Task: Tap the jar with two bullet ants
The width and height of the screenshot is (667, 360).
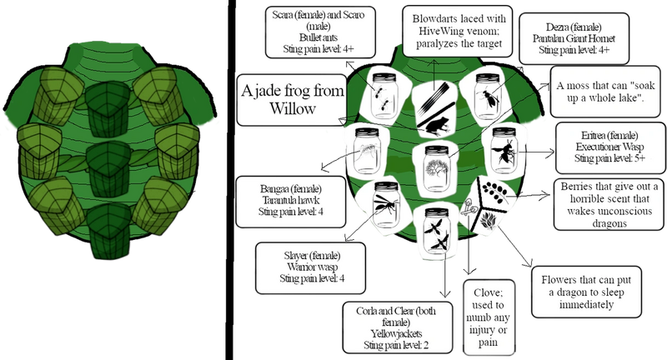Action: (384, 97)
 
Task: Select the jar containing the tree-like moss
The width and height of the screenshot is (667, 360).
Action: (436, 169)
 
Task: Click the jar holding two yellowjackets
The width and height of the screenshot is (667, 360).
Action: (437, 231)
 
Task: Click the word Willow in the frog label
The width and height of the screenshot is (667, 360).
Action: (293, 108)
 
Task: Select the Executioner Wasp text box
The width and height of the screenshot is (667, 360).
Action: (610, 147)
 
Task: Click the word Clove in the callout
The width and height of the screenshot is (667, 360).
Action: (488, 292)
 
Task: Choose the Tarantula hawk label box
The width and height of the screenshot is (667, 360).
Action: (291, 202)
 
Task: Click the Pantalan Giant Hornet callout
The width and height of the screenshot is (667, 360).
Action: (574, 38)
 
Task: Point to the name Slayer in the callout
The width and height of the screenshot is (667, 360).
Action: (296, 256)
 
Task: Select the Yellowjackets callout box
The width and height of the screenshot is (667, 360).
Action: (398, 327)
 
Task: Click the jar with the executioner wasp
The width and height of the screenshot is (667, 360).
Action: (504, 151)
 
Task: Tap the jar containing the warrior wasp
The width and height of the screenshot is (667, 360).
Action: (386, 204)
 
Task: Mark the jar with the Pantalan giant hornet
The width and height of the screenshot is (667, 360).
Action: (488, 97)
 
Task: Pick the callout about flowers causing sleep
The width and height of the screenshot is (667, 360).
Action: (587, 292)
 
